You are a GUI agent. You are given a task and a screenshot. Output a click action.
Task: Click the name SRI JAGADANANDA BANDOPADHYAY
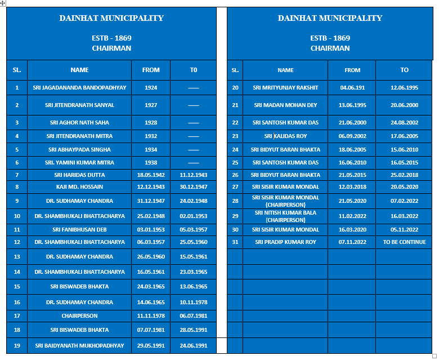coord(79,88)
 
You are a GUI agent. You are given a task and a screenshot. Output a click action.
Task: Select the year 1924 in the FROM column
coord(151,88)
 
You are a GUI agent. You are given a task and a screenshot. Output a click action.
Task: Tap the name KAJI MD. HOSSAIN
coord(79,186)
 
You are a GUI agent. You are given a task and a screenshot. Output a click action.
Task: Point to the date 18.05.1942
coord(151,175)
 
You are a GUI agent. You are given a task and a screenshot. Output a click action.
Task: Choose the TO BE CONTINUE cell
coord(404,242)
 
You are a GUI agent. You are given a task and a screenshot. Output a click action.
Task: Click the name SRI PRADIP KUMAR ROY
coord(285,242)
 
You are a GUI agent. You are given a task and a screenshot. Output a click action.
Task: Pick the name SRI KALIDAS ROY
coord(285,136)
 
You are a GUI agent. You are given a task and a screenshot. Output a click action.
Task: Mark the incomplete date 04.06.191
coord(352,88)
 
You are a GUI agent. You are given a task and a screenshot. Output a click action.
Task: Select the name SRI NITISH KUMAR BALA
coord(285,213)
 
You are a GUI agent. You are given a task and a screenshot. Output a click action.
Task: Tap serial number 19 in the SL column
coord(17,345)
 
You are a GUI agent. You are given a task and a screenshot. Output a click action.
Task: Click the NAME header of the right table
coord(285,70)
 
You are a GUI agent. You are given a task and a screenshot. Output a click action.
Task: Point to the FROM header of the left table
coord(151,70)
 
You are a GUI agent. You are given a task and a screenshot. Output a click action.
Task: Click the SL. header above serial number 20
coord(235,70)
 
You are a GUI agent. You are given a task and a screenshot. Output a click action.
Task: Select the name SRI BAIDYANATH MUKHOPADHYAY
coord(79,345)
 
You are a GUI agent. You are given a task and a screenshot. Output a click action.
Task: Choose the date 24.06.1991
coord(194,345)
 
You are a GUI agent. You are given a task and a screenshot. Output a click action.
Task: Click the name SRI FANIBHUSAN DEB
coord(79,229)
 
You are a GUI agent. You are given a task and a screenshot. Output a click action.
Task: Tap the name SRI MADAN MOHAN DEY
coord(285,105)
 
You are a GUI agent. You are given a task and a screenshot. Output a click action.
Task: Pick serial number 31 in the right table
coord(235,242)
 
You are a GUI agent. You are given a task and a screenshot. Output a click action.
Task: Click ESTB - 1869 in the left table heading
coord(111,38)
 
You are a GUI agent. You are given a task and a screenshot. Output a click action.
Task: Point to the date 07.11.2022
coord(352,242)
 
